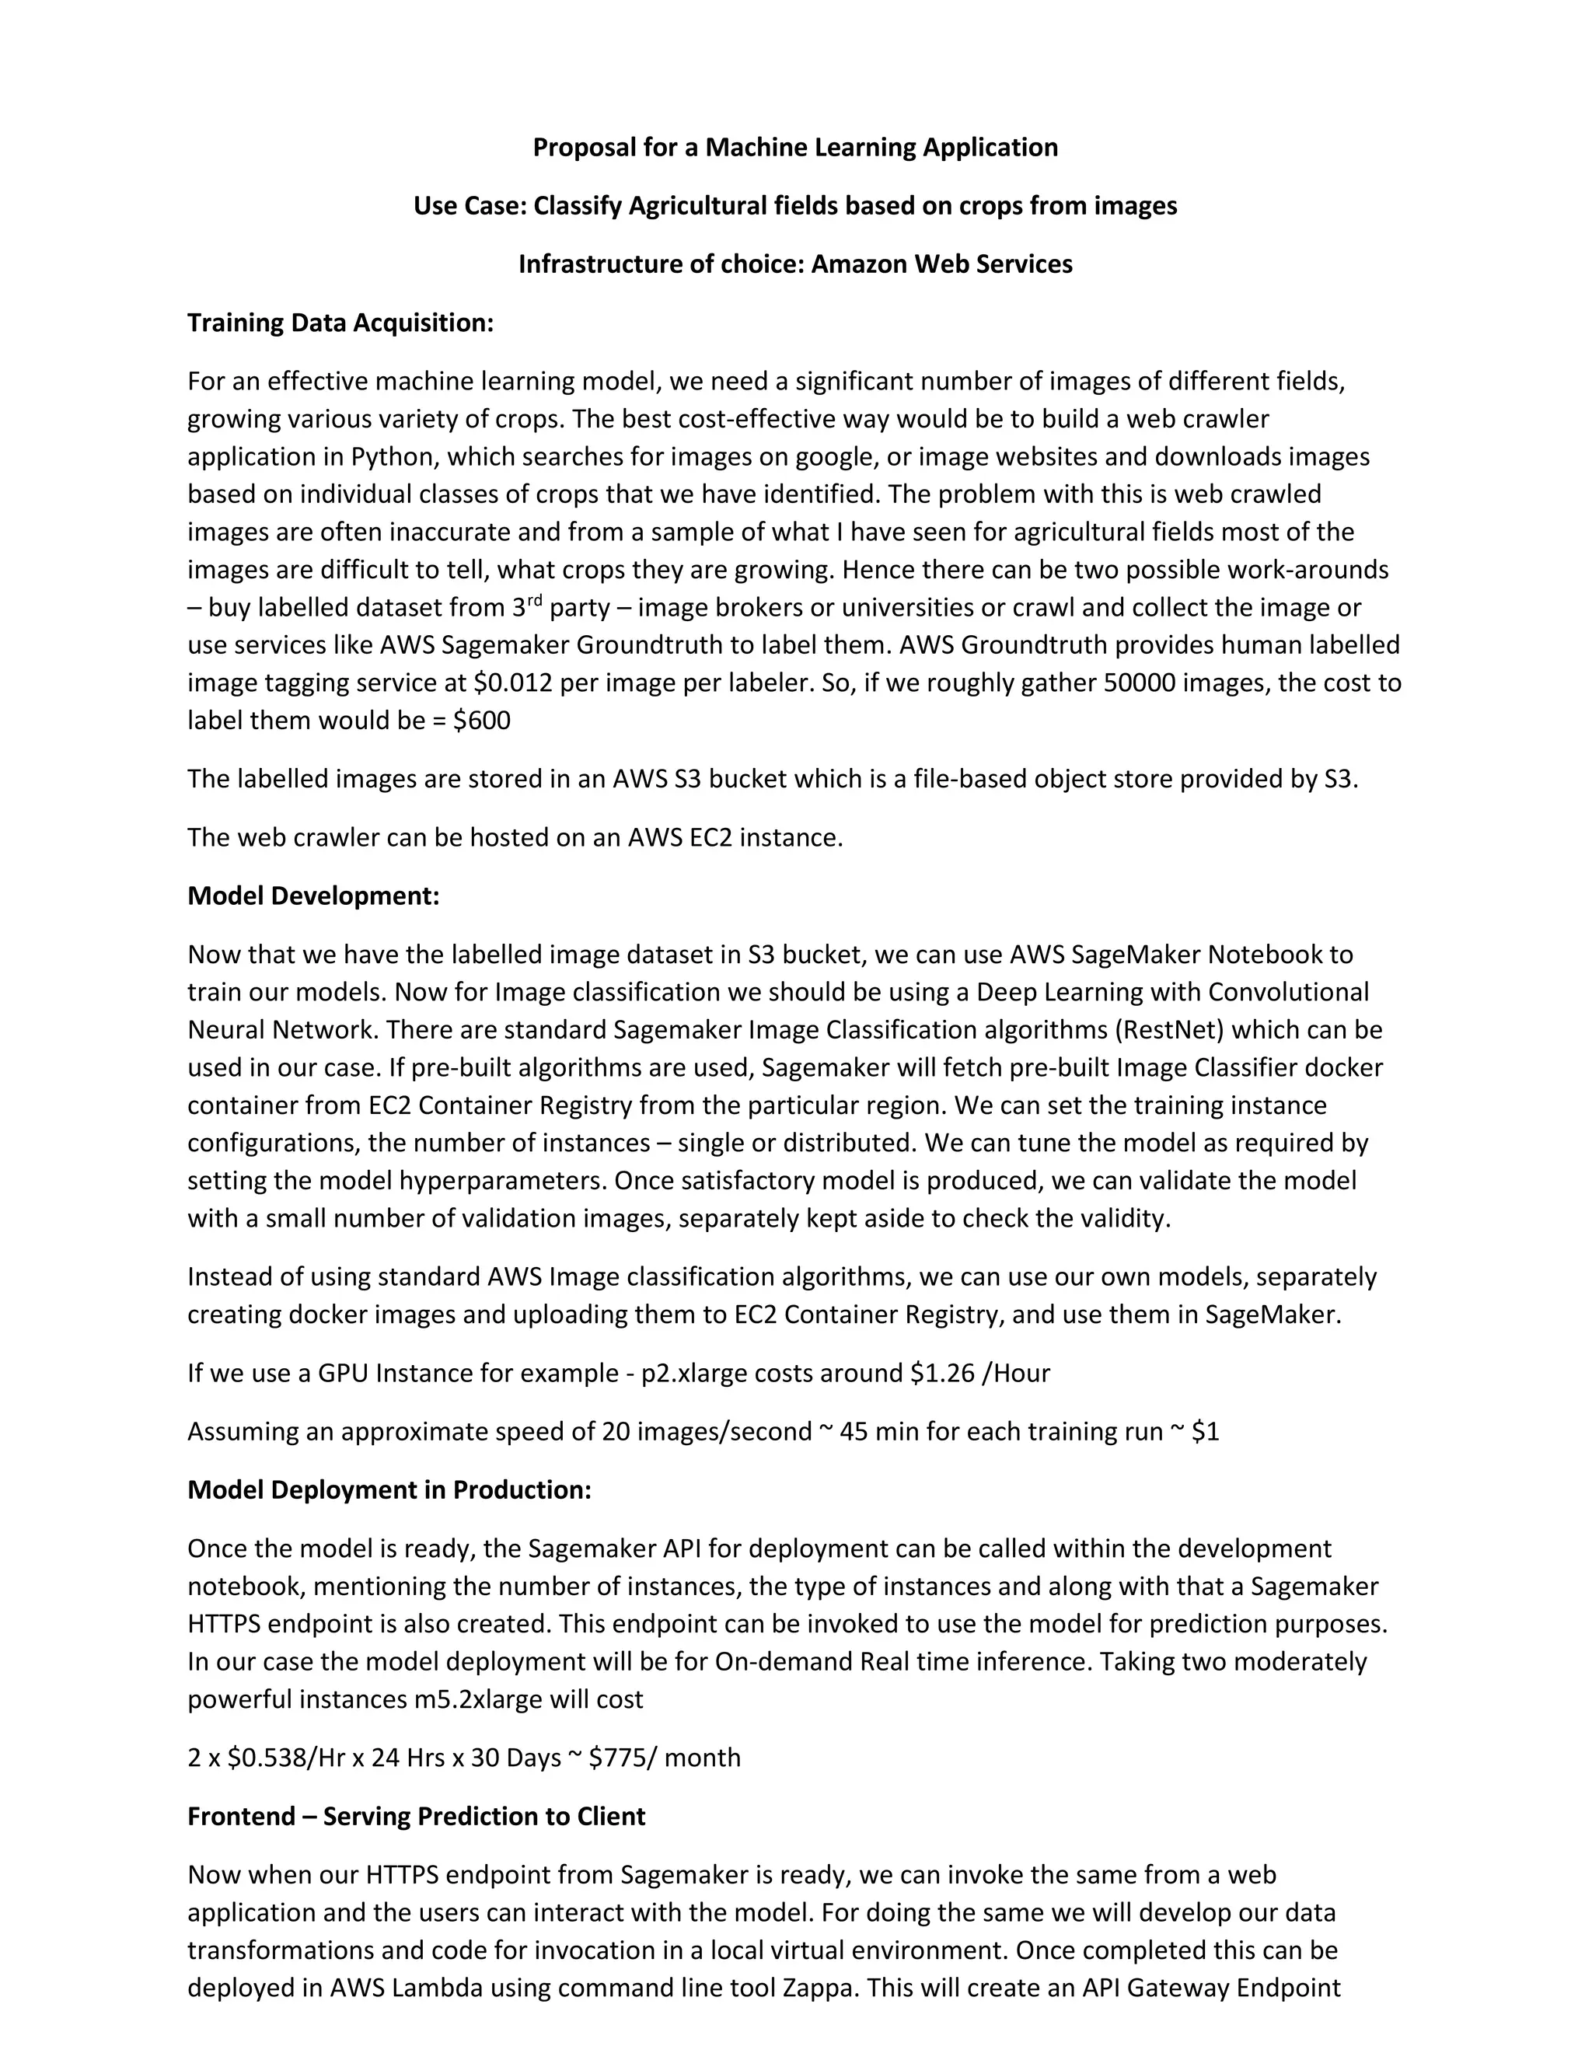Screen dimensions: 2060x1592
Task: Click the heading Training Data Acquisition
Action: (x=340, y=323)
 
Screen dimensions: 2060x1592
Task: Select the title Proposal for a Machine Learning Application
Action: (x=795, y=147)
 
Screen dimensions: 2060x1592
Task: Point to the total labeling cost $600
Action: (x=482, y=720)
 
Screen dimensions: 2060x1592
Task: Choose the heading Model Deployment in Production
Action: (x=389, y=1489)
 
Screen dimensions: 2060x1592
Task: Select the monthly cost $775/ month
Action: (x=664, y=1758)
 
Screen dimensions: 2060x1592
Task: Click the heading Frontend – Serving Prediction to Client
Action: (x=416, y=1816)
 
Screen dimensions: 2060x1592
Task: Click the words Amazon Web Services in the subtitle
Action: (x=941, y=264)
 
